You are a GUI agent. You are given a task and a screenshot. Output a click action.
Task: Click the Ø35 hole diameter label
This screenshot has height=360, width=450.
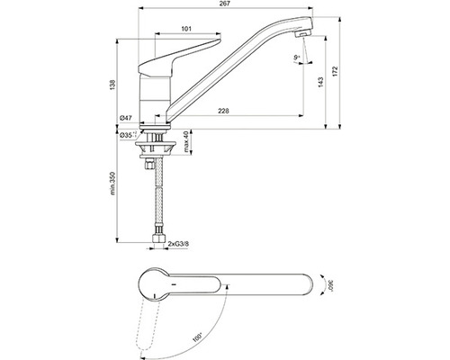tap(128, 135)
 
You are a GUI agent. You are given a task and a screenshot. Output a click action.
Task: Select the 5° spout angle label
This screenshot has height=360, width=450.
tap(297, 58)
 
